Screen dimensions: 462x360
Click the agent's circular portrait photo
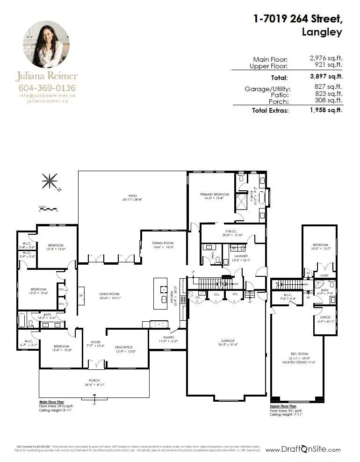coord(46,44)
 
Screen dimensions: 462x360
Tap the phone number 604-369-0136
coord(47,87)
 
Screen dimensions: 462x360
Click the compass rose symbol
coord(50,180)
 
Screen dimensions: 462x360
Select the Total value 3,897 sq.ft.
coord(326,76)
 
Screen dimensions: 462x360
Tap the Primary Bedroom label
coord(215,195)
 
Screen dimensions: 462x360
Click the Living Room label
coord(110,295)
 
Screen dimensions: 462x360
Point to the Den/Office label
coord(125,346)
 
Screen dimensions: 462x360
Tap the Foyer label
coord(96,343)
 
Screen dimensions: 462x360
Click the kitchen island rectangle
coord(160,293)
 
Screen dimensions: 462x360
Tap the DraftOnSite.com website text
coord(303,450)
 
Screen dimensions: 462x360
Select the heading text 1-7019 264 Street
coord(297,19)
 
